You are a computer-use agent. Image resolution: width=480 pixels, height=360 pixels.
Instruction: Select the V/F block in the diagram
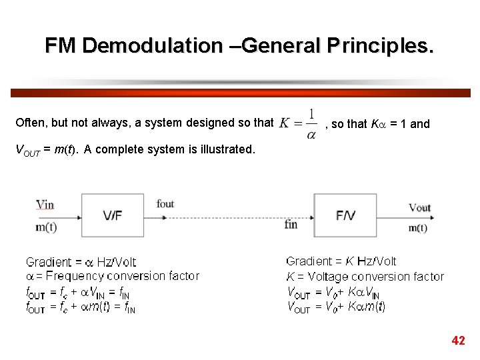pyautogui.click(x=112, y=215)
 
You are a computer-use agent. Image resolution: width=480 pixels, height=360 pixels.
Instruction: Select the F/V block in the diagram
pyautogui.click(x=345, y=215)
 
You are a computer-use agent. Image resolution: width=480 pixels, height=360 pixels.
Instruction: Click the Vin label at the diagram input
pyautogui.click(x=45, y=204)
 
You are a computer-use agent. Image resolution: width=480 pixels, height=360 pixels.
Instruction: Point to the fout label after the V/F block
pyautogui.click(x=165, y=203)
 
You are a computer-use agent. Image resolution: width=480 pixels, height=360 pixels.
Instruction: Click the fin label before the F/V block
pyautogui.click(x=291, y=225)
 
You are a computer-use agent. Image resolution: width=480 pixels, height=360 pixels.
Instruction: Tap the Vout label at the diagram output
pyautogui.click(x=419, y=207)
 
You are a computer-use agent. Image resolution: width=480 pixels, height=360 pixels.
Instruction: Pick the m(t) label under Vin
pyautogui.click(x=46, y=227)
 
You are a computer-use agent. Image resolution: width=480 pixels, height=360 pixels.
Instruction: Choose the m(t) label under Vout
pyautogui.click(x=418, y=228)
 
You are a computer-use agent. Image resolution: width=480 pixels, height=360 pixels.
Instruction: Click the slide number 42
pyautogui.click(x=458, y=341)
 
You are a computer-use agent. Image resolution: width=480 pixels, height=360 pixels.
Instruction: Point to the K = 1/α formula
pyautogui.click(x=297, y=124)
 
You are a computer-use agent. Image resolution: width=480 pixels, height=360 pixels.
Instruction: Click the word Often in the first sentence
pyautogui.click(x=30, y=123)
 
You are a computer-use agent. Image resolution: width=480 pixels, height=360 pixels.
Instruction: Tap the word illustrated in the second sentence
pyautogui.click(x=224, y=149)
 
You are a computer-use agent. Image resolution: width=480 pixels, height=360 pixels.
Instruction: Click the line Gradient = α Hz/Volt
pyautogui.click(x=81, y=262)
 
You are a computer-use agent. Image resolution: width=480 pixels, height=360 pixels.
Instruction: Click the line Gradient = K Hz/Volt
pyautogui.click(x=341, y=261)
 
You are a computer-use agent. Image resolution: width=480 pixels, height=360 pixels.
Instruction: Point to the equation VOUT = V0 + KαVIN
pyautogui.click(x=333, y=292)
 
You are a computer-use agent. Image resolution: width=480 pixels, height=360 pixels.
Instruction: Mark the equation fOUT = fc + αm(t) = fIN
pyautogui.click(x=81, y=307)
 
